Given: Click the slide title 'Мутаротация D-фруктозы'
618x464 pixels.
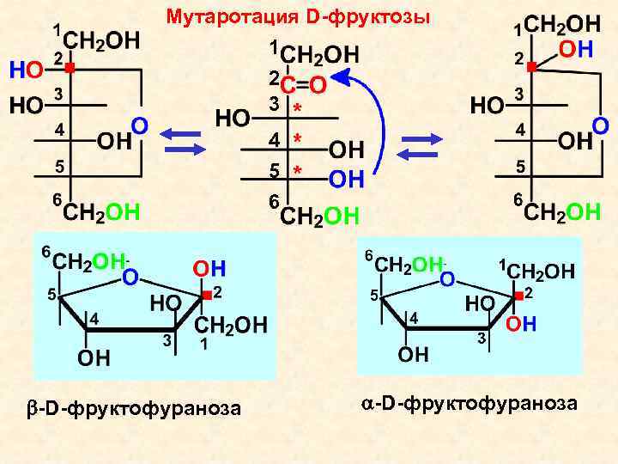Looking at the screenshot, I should point(298,16).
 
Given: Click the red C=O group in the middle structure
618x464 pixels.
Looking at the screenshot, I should point(302,84).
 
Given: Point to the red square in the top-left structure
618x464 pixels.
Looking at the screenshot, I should point(70,66).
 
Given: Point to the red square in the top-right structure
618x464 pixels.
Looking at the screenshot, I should point(532,66).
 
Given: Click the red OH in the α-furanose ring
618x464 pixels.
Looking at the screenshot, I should point(521,323).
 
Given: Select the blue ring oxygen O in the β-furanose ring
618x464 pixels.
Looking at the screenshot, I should point(130,278).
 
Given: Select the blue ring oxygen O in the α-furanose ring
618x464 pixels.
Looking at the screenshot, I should point(446,278).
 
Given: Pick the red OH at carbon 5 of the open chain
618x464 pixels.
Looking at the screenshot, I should point(346,180).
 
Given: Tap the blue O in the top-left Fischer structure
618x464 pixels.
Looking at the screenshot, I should point(139,126).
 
